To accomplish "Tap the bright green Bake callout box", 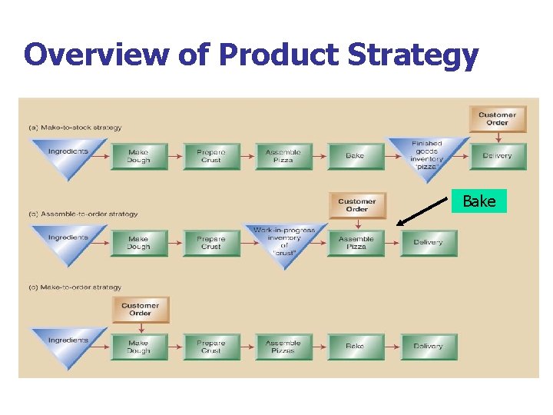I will [x=479, y=201].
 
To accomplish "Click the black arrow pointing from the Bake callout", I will [x=423, y=211].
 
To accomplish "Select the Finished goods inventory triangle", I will [x=426, y=154].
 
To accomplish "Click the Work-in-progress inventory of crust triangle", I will [x=284, y=241].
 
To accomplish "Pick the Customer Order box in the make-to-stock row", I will [x=498, y=118].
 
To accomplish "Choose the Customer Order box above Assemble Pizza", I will [x=357, y=205].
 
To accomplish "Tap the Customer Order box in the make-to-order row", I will [x=140, y=309].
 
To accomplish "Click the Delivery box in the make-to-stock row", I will [x=498, y=156].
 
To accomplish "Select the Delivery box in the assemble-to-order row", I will [x=429, y=242].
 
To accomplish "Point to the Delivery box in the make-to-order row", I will [x=429, y=346].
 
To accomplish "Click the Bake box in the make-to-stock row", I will [x=355, y=156].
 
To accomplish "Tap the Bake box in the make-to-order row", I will [x=355, y=346].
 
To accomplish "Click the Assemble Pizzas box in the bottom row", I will [x=283, y=346].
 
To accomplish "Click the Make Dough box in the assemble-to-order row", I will [x=138, y=242].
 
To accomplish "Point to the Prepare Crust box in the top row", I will [x=211, y=156].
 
